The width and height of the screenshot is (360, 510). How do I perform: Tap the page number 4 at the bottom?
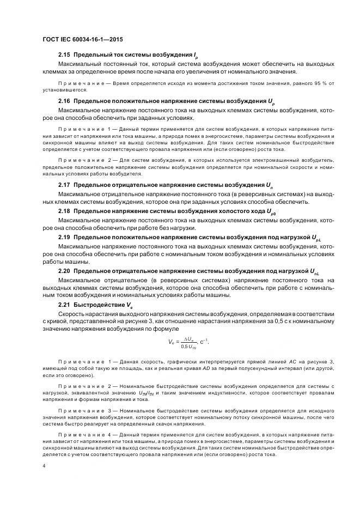43,466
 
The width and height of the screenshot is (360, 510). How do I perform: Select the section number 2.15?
64,56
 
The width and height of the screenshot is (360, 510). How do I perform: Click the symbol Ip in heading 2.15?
196,56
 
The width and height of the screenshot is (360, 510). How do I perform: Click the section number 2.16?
64,101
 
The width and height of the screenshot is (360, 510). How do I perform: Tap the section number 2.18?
64,211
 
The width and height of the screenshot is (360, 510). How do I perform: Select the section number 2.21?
64,305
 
